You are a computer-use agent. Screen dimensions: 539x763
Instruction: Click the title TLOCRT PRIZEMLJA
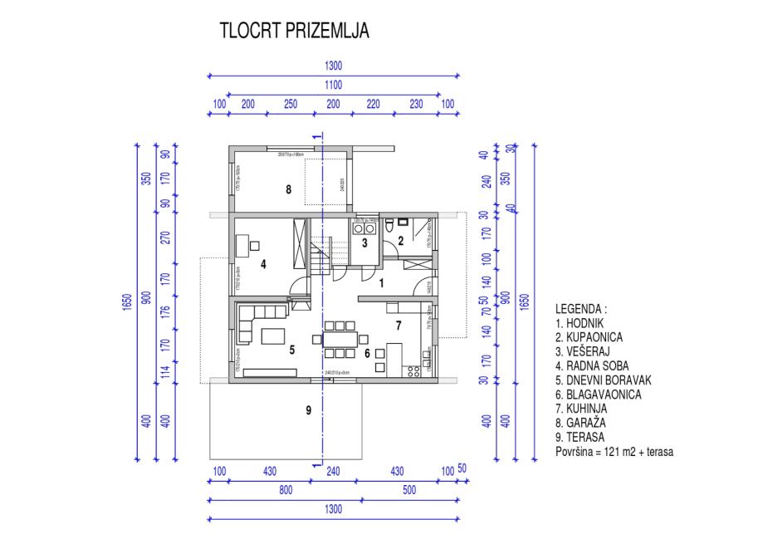click(x=295, y=31)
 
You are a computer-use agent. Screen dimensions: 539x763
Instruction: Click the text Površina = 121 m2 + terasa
click(x=614, y=452)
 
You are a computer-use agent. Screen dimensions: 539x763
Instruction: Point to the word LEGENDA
click(x=580, y=308)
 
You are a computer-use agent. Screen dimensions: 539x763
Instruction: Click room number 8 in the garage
click(x=288, y=189)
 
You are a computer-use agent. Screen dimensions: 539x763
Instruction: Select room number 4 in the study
click(x=262, y=265)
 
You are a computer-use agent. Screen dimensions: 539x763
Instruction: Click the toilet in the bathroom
click(x=389, y=225)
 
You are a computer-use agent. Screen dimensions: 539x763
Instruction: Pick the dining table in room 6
click(x=340, y=338)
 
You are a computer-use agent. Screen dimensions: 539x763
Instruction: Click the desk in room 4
click(x=242, y=246)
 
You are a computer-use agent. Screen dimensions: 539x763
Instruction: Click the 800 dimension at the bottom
click(x=285, y=491)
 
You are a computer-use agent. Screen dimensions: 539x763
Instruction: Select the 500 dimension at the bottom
click(x=408, y=491)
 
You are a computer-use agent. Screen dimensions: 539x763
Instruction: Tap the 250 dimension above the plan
click(x=290, y=104)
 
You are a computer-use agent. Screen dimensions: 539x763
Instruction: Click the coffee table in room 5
click(x=275, y=336)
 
